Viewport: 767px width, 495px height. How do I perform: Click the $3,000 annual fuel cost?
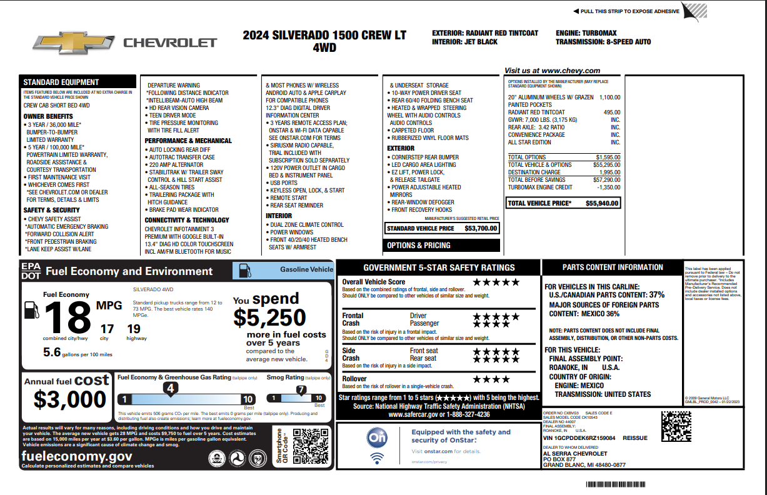tap(70, 399)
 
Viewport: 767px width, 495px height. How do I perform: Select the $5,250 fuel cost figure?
tap(269, 318)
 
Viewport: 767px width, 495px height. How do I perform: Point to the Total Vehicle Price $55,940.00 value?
tap(602, 203)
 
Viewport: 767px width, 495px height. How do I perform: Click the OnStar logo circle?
tap(377, 437)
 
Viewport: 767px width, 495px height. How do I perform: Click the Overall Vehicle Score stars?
tap(496, 282)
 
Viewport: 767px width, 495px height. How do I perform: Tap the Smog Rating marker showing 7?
tap(301, 390)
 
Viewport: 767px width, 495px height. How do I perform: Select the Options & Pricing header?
tap(418, 246)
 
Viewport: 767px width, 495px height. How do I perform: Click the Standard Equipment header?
tap(61, 82)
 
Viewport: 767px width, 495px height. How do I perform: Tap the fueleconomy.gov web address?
tap(76, 456)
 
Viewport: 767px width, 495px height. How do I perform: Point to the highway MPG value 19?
tap(133, 328)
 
